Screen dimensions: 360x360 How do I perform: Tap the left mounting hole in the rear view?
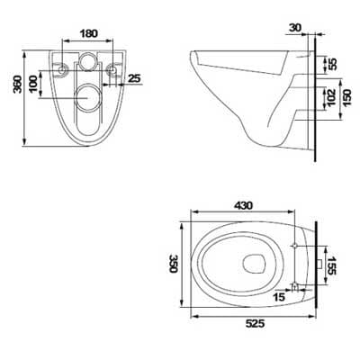[61, 69]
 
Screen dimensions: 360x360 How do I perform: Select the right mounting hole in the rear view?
[112, 69]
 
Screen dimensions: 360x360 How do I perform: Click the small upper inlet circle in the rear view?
[87, 62]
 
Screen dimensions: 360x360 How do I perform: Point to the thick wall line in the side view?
[315, 99]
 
